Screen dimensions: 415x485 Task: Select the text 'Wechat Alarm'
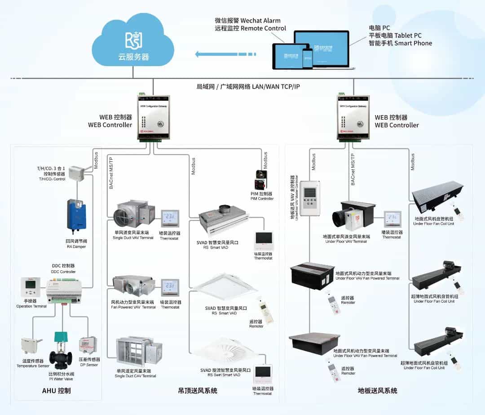pos(260,20)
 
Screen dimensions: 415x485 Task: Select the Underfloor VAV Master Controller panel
pos(310,198)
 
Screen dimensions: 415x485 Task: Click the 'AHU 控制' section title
pos(56,390)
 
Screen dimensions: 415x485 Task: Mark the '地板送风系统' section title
pos(378,391)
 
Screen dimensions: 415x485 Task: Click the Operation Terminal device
pos(31,287)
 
